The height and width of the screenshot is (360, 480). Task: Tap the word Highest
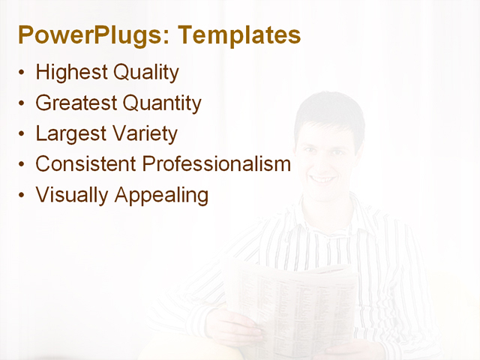click(x=71, y=73)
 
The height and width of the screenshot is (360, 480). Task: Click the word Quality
click(x=146, y=73)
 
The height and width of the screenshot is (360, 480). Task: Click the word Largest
click(x=69, y=134)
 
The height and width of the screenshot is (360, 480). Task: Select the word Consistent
click(x=85, y=163)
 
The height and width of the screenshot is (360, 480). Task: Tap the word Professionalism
click(x=216, y=163)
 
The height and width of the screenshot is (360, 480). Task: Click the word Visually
click(x=72, y=195)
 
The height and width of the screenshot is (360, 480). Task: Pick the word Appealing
click(x=161, y=196)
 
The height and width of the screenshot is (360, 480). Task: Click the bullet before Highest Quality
click(x=22, y=73)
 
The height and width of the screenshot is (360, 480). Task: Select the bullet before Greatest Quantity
click(x=22, y=103)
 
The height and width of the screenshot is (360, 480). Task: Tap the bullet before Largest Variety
click(x=22, y=134)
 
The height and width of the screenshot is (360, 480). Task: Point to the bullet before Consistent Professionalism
click(x=22, y=164)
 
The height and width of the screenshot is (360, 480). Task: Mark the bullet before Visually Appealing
click(x=22, y=195)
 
